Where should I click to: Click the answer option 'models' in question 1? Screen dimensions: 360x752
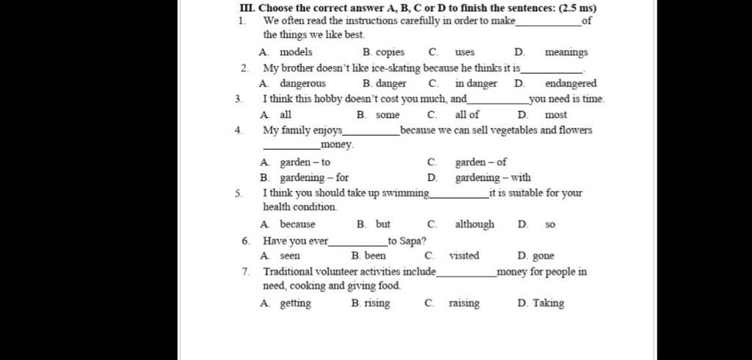click(x=295, y=52)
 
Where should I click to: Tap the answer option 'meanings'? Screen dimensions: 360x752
click(x=566, y=52)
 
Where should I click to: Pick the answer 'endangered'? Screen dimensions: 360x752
click(x=571, y=84)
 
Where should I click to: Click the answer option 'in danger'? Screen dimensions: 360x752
click(x=476, y=84)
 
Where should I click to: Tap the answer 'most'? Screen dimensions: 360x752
click(x=556, y=115)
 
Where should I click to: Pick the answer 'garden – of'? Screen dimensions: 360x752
click(x=481, y=162)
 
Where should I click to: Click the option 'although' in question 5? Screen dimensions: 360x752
click(x=474, y=224)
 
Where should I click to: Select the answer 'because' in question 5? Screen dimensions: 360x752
click(x=297, y=224)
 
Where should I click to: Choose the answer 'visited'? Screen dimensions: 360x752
click(x=464, y=256)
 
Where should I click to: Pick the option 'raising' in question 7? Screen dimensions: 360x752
click(x=464, y=303)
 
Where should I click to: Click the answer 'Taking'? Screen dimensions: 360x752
click(x=549, y=303)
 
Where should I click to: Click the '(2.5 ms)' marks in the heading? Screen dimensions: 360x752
click(x=577, y=8)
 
